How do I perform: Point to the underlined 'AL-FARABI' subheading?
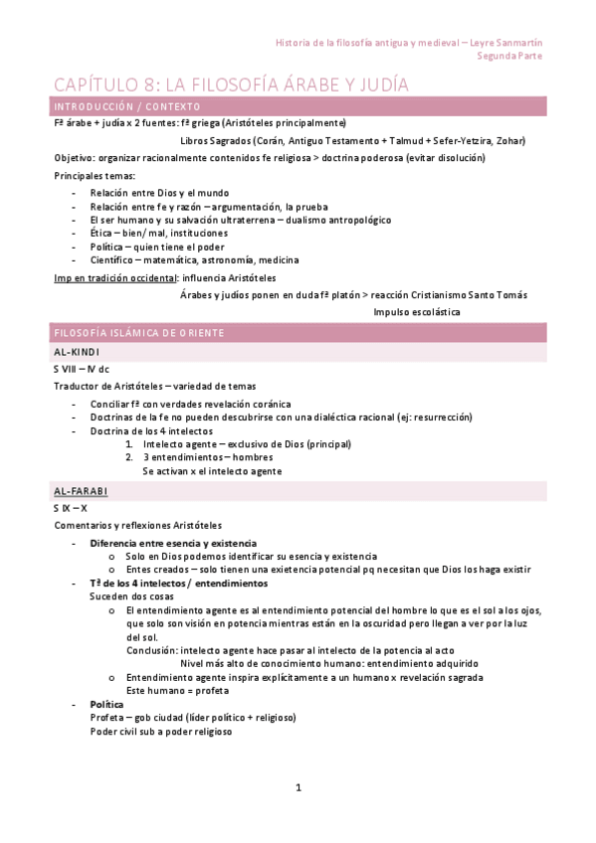click(x=81, y=492)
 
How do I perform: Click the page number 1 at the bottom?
click(x=298, y=787)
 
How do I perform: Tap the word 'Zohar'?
click(x=508, y=141)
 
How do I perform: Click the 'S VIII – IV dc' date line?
click(x=82, y=370)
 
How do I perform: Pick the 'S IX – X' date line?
click(x=71, y=509)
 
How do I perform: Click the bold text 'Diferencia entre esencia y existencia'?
click(x=173, y=544)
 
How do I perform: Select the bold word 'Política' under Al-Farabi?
click(x=106, y=704)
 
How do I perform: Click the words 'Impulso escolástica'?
click(x=417, y=312)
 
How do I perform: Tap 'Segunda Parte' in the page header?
click(x=509, y=57)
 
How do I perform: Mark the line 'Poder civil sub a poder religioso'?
click(x=160, y=732)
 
